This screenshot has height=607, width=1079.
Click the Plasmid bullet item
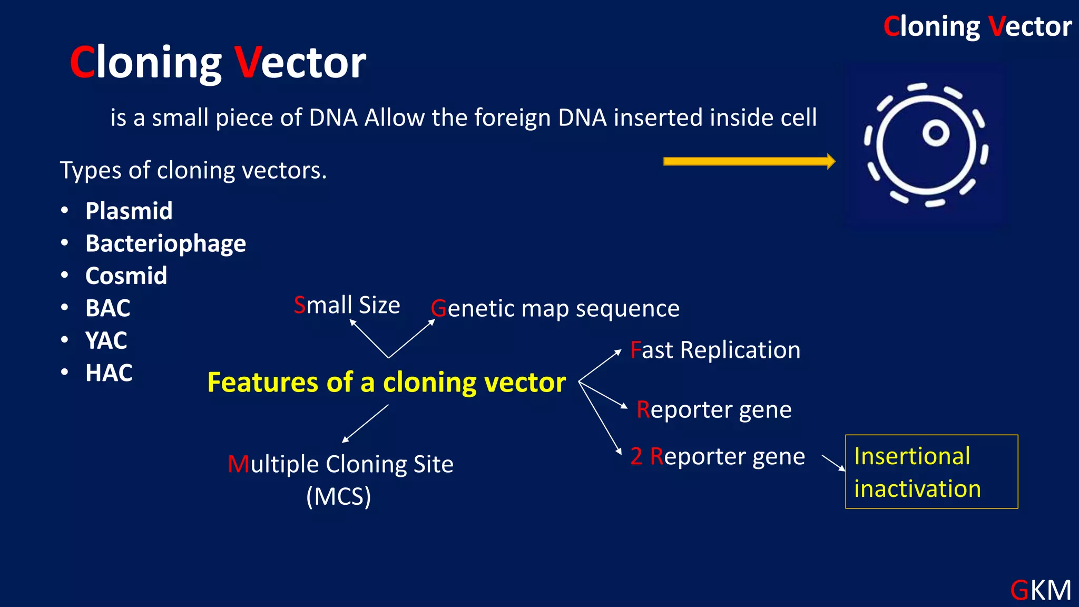tap(129, 211)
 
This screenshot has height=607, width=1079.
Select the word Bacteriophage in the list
tap(165, 243)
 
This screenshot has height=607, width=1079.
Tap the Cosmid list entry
tap(126, 276)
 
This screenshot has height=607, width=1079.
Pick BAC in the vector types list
tap(107, 308)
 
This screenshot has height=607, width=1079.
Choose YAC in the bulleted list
tap(106, 340)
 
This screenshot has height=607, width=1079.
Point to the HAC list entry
tap(109, 373)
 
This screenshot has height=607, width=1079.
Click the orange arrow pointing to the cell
tap(748, 161)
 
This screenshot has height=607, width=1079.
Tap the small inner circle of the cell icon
tap(936, 133)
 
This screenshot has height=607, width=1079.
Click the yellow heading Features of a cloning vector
tap(386, 383)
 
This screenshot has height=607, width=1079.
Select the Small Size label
tap(347, 305)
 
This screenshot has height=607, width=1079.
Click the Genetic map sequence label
tap(555, 309)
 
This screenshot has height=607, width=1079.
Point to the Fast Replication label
tap(715, 350)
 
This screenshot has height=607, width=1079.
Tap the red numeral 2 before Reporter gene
tap(636, 456)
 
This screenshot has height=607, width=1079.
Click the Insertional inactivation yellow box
tap(931, 472)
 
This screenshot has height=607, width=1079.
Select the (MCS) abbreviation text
tap(339, 496)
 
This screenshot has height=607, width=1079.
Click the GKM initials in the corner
tap(1041, 590)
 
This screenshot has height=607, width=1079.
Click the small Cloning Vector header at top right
tap(977, 26)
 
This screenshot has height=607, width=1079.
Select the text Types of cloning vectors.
tap(193, 171)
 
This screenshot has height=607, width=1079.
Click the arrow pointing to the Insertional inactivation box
tap(833, 463)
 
